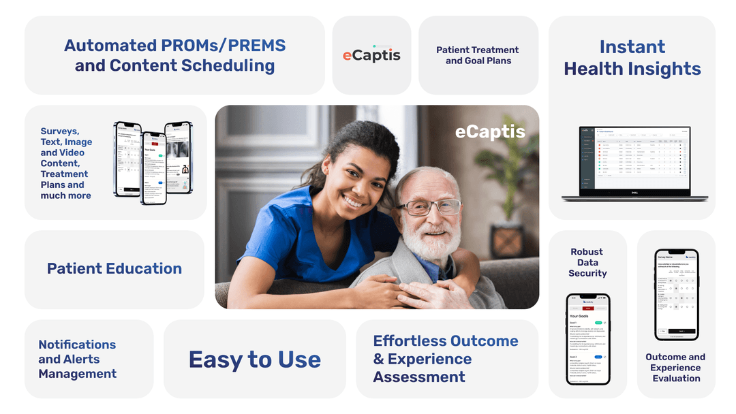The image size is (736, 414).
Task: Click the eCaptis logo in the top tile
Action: [x=371, y=55]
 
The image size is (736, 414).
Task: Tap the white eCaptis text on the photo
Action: [x=490, y=131]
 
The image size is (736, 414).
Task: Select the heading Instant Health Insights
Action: [x=632, y=58]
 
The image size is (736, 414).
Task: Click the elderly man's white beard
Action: [x=424, y=242]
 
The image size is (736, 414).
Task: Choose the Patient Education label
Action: [x=114, y=269]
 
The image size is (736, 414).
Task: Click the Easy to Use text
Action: [x=255, y=360]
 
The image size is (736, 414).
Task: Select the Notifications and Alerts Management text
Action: [x=77, y=359]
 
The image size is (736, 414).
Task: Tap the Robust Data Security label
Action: [x=587, y=262]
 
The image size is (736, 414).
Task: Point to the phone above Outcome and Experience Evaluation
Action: [x=676, y=294]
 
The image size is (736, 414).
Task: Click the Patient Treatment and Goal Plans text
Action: [x=478, y=55]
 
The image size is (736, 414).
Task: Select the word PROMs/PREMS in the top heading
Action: [x=224, y=46]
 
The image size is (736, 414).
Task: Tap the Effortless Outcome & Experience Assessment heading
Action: [x=446, y=359]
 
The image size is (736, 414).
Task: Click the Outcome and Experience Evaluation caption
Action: [x=676, y=368]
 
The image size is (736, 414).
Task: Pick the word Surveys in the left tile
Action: [x=60, y=131]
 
